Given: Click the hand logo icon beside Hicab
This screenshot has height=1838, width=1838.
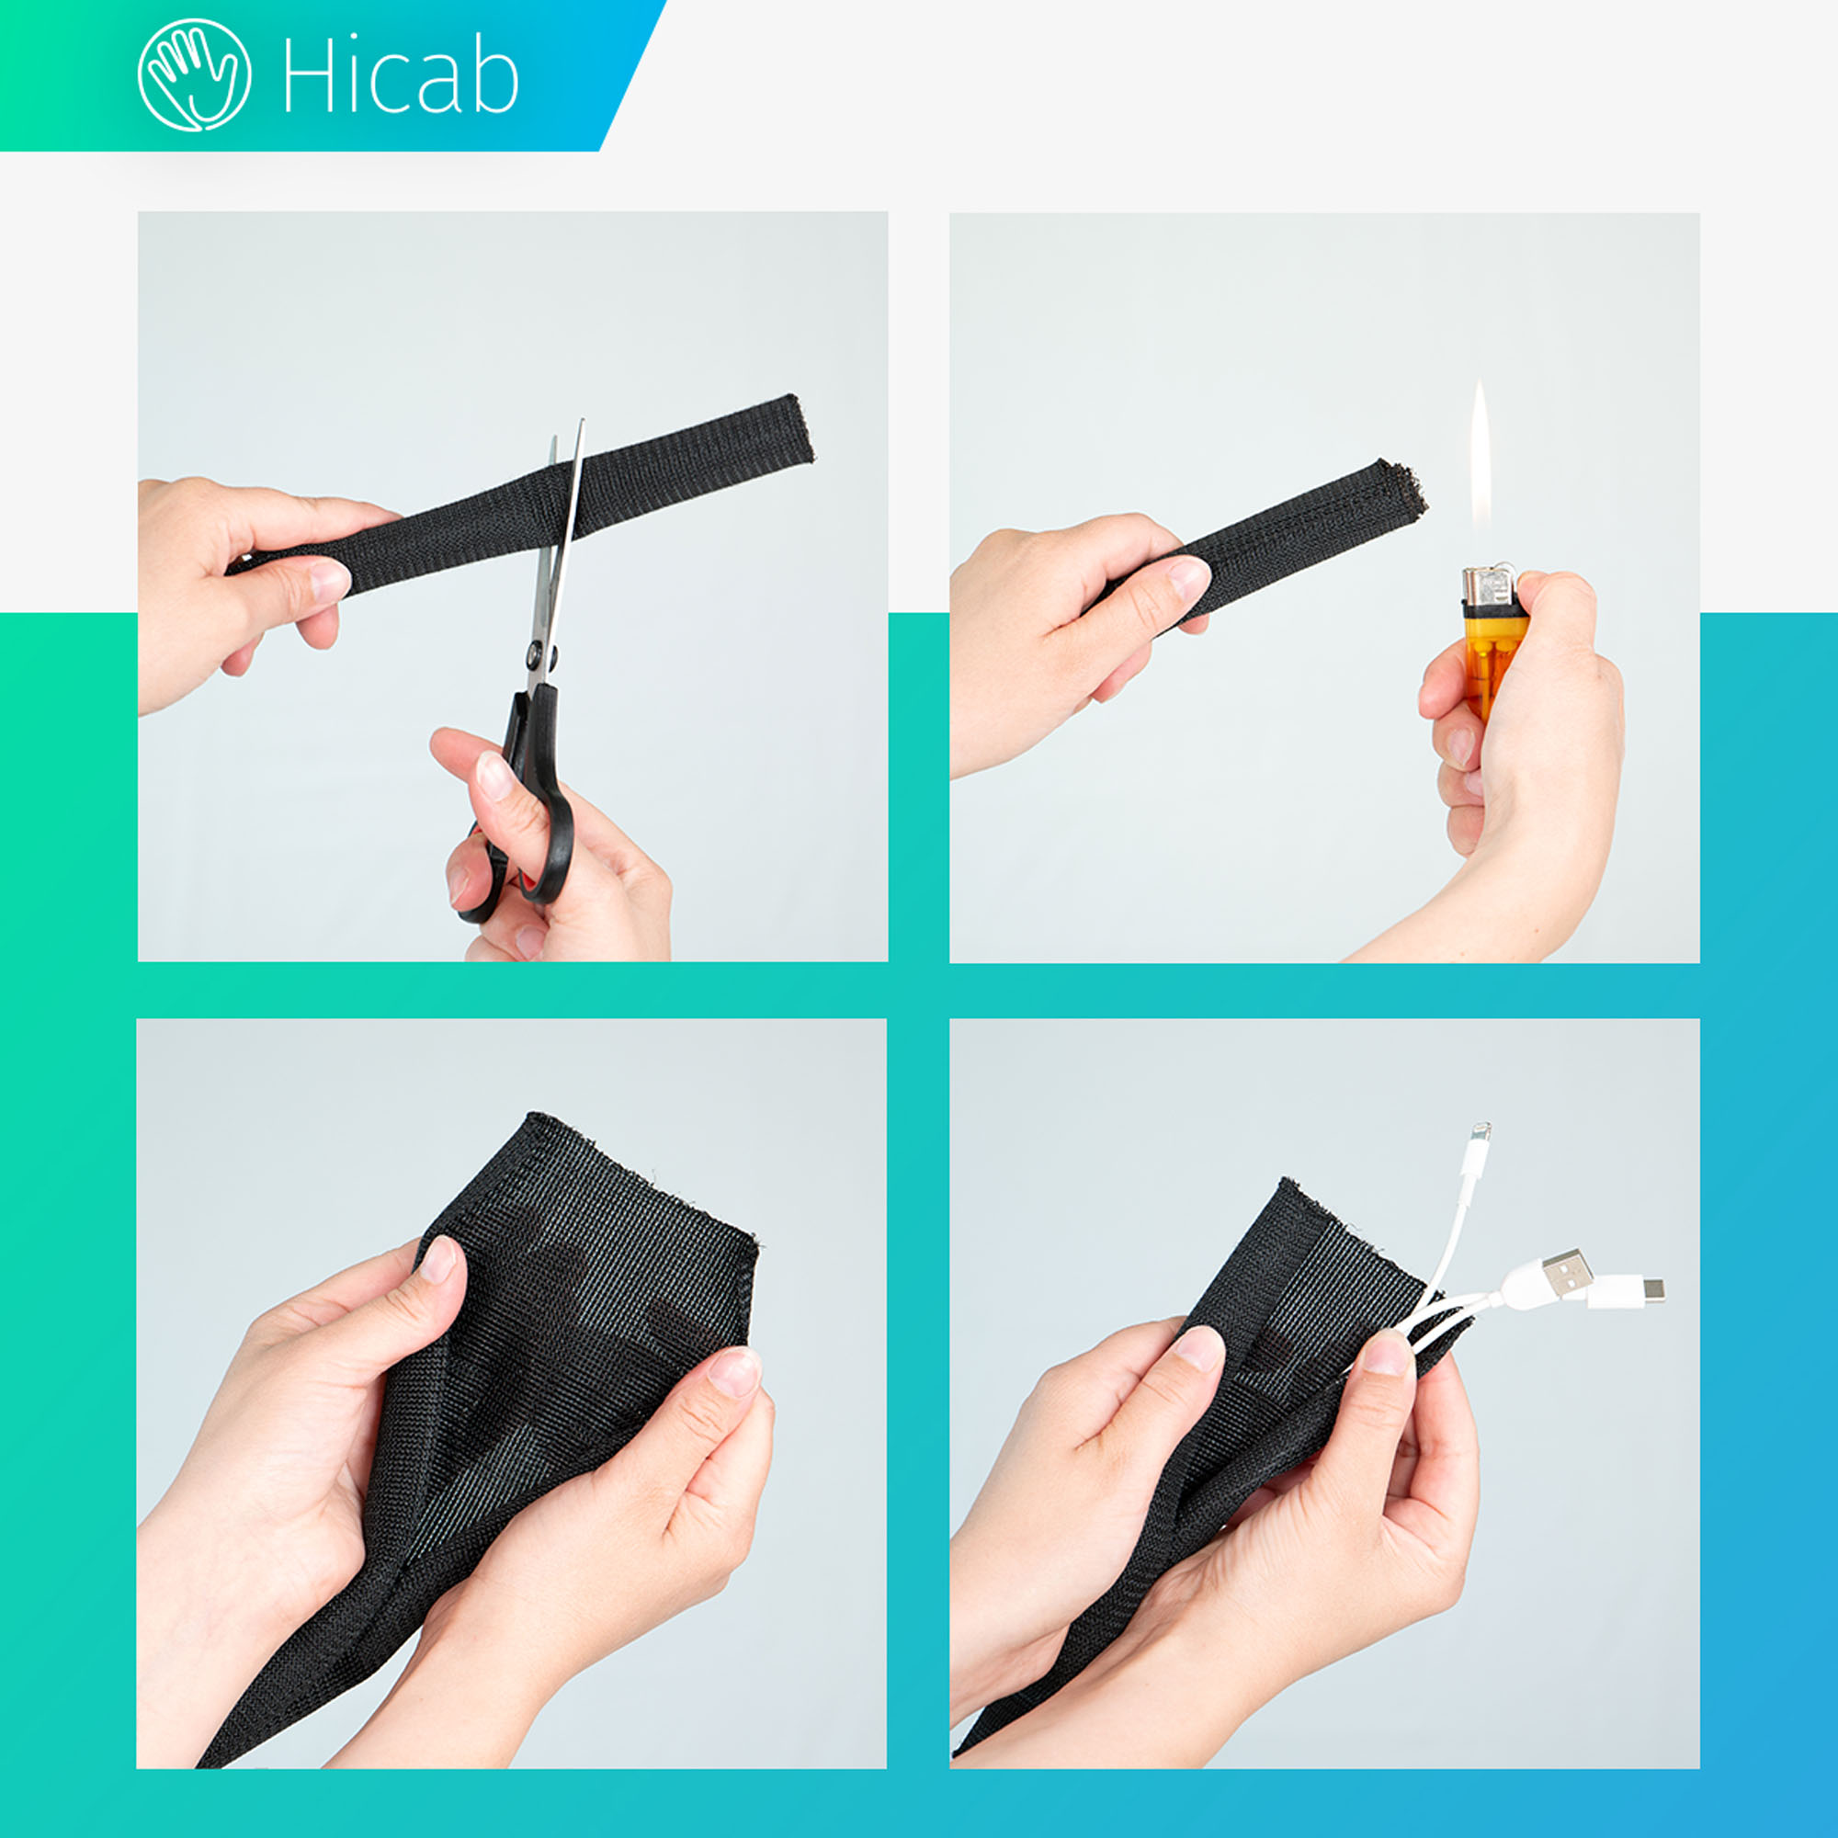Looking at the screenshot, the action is click(x=195, y=75).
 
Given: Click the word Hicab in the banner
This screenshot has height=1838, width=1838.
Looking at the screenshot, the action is click(x=401, y=77).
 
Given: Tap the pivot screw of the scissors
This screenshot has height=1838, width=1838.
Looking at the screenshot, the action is click(x=539, y=653).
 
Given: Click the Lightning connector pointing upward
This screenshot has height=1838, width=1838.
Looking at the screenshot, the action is click(x=1481, y=1146).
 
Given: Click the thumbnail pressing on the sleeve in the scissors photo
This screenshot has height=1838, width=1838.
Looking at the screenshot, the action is click(x=328, y=580).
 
